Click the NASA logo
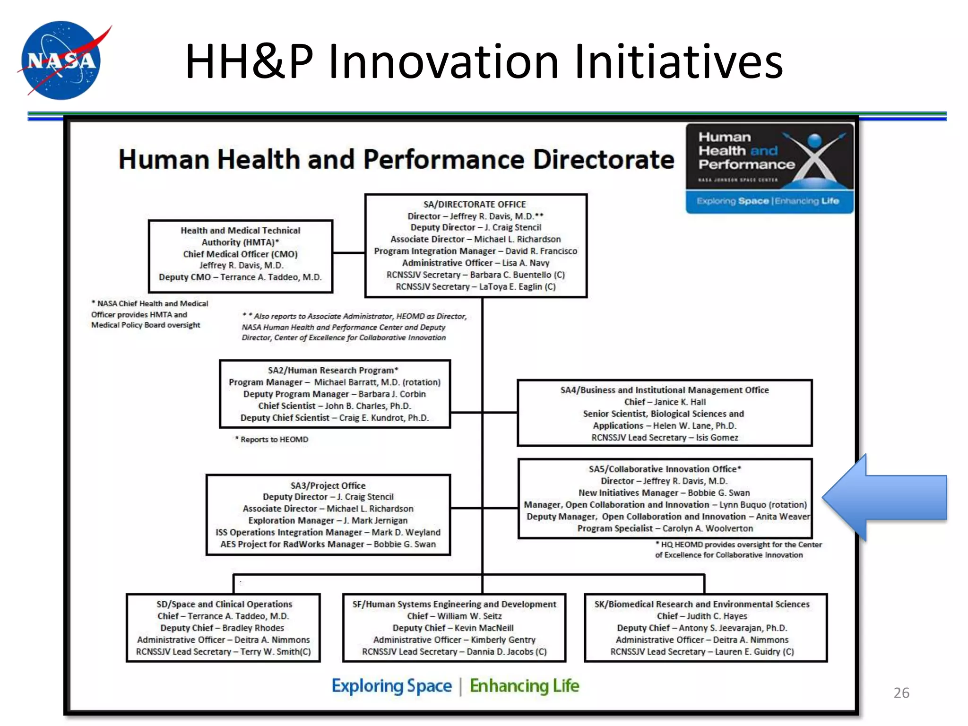(x=61, y=60)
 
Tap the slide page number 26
(x=901, y=692)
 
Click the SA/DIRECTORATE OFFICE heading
(x=475, y=204)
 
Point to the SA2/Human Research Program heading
(x=333, y=370)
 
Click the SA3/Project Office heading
(x=328, y=485)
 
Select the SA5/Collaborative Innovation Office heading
(x=665, y=469)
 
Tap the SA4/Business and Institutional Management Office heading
(x=665, y=390)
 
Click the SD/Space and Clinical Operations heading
(x=224, y=604)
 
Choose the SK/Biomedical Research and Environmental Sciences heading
(x=702, y=604)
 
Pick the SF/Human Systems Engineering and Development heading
(x=454, y=604)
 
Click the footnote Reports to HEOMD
(x=274, y=440)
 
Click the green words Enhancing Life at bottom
(x=524, y=685)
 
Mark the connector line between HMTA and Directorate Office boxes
(x=349, y=253)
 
